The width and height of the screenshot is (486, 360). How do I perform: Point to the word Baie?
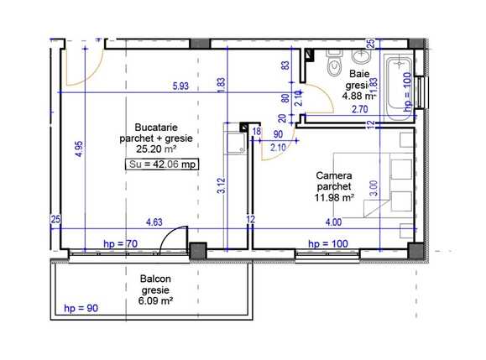(x=358, y=73)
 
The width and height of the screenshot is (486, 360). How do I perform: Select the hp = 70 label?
(x=119, y=243)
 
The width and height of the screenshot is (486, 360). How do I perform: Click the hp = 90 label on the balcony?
(x=81, y=309)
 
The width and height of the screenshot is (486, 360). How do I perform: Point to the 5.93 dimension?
(x=180, y=86)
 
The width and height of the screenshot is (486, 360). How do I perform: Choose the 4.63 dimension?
(x=154, y=222)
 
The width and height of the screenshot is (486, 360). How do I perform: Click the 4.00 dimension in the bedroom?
(x=333, y=222)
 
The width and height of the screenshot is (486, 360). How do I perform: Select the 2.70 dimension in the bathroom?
(x=359, y=108)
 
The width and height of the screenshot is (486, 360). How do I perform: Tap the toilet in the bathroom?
(x=333, y=64)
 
